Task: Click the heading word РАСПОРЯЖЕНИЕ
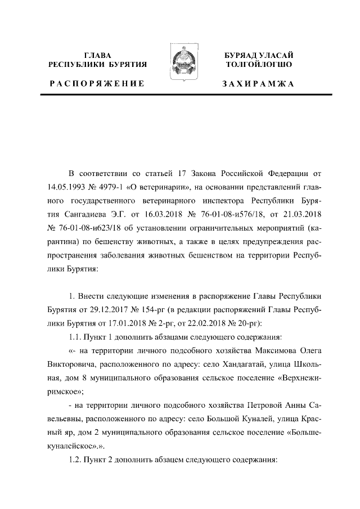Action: (97, 84)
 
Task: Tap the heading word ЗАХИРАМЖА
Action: (258, 84)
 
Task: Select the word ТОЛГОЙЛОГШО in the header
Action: (258, 65)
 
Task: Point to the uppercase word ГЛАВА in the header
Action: (97, 55)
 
